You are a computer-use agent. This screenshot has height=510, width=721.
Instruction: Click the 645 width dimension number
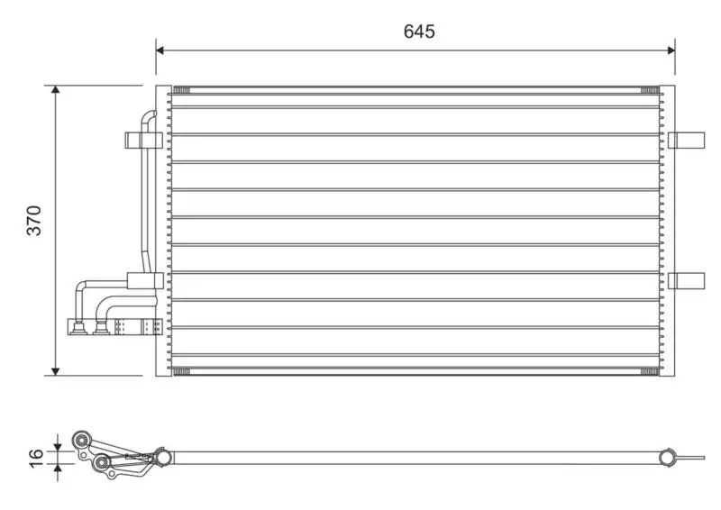coord(419,32)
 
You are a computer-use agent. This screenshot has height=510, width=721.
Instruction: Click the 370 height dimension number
coord(34,221)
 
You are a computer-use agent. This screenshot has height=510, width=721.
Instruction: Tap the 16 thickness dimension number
coord(35,458)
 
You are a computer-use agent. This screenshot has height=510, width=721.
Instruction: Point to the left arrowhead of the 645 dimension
coord(160,50)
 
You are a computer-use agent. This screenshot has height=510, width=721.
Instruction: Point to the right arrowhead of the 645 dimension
coord(671,50)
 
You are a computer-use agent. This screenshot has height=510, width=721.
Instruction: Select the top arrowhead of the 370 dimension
coord(56,89)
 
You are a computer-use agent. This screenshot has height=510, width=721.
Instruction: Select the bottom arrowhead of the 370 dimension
coord(56,371)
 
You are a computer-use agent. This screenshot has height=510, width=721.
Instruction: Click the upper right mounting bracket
coord(686,141)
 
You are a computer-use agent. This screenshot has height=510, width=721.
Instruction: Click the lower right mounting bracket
coord(686,281)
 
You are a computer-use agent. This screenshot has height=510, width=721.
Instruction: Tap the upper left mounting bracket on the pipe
coord(143,141)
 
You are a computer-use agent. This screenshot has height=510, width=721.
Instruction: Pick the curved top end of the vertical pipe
coord(149,117)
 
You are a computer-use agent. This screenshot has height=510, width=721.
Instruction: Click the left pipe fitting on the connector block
coord(78,327)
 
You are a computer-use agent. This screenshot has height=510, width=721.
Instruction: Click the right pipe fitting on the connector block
coord(100,327)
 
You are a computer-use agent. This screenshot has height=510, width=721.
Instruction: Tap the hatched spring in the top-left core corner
coord(181,90)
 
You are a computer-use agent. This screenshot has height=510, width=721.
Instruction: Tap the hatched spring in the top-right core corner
coord(650,90)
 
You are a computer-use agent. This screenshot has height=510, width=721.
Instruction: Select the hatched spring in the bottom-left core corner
coord(181,371)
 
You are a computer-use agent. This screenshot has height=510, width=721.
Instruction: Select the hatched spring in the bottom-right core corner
coord(650,371)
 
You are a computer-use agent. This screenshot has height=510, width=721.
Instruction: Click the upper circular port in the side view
coord(82,440)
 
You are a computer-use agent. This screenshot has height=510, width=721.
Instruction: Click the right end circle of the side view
coord(667,458)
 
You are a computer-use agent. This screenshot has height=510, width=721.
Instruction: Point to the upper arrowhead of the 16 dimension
coord(58,447)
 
